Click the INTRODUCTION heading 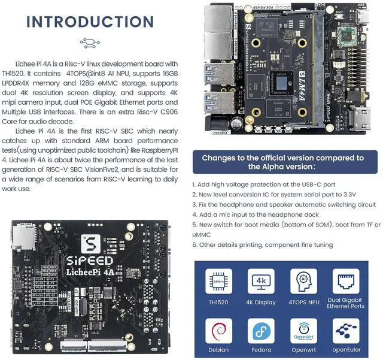click(x=90, y=22)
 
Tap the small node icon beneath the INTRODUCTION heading click(x=90, y=43)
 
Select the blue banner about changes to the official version click(x=282, y=162)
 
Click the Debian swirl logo click(x=218, y=331)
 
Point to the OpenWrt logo click(x=303, y=331)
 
